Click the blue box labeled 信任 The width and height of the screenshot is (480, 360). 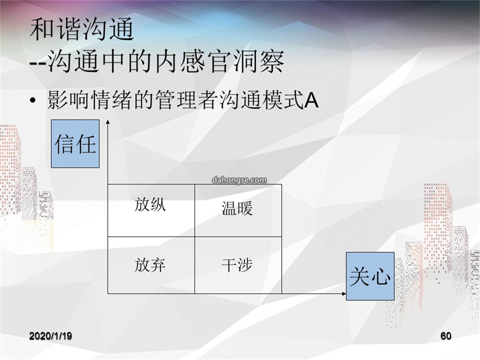[x=75, y=144]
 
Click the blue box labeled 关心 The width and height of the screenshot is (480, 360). [x=370, y=276]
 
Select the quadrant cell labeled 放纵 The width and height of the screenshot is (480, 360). [x=151, y=210]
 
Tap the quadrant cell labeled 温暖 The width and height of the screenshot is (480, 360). [x=238, y=210]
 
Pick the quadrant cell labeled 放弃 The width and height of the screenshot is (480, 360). [x=151, y=265]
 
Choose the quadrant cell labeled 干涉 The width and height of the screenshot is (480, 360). [x=238, y=265]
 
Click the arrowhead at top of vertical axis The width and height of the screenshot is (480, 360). [x=108, y=122]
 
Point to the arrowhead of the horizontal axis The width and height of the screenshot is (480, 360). [x=344, y=294]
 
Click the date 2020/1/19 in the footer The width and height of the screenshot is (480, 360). [x=51, y=336]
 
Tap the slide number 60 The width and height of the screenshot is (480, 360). [x=446, y=336]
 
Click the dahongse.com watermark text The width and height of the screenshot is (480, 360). [x=239, y=180]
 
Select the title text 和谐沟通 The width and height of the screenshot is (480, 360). [x=82, y=29]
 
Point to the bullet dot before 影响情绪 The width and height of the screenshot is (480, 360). [x=33, y=101]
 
